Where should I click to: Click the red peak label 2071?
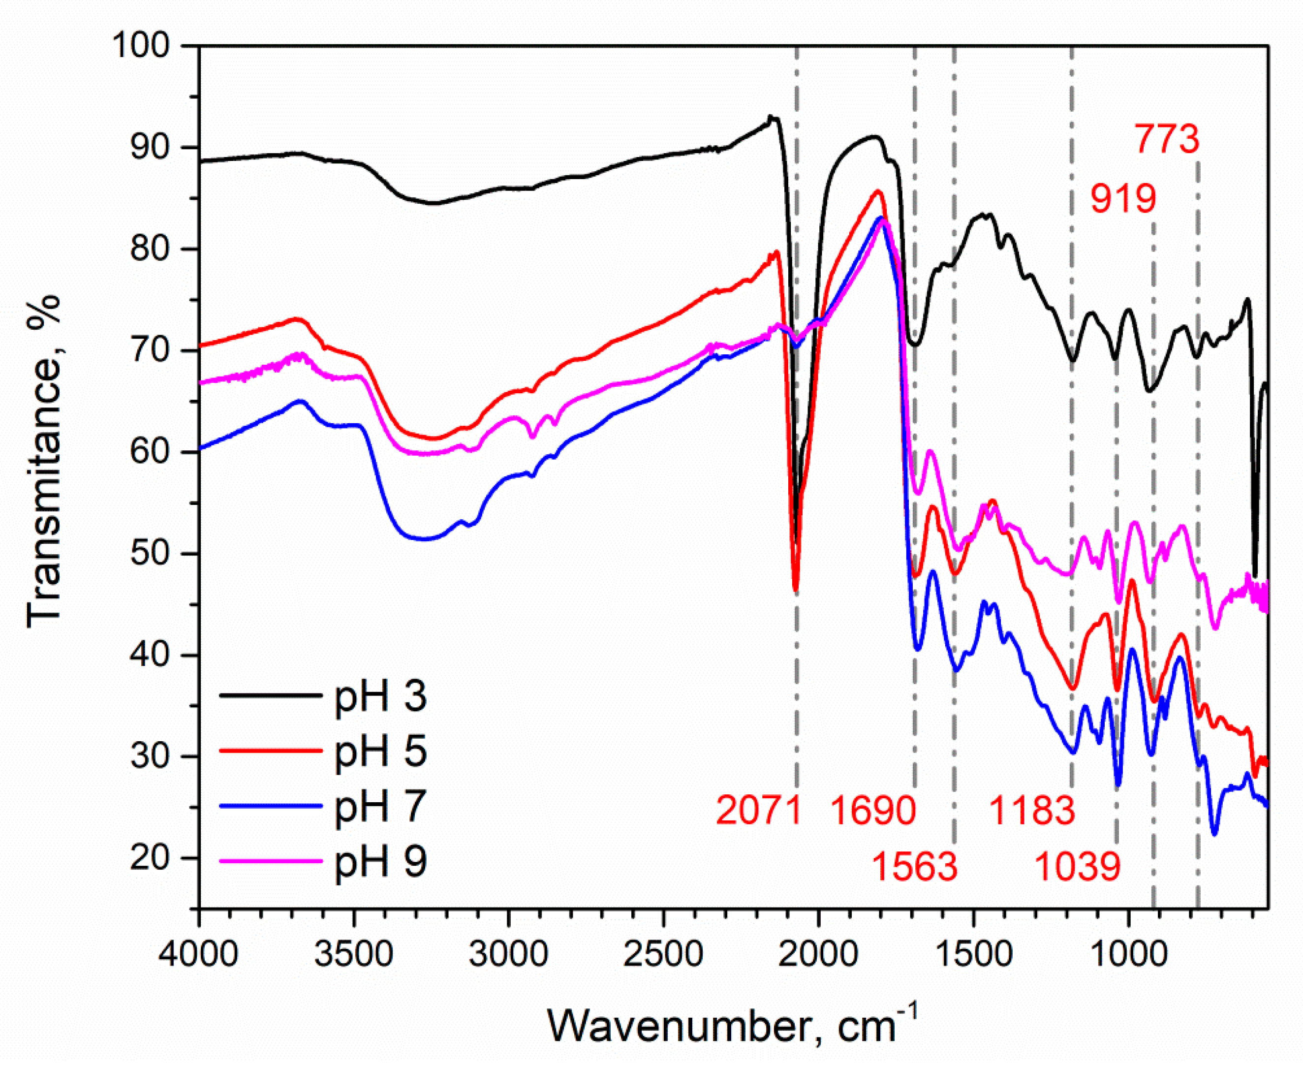758,811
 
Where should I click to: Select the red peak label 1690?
873,811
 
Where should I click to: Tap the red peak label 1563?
915,867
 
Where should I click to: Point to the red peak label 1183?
1032,811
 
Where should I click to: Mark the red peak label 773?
1166,139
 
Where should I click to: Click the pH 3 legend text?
380,697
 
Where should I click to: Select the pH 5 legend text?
380,753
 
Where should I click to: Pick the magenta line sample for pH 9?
271,861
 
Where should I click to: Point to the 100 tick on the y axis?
141,46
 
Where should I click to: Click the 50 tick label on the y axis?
150,554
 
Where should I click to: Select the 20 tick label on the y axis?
150,858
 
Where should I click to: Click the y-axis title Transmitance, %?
44,461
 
